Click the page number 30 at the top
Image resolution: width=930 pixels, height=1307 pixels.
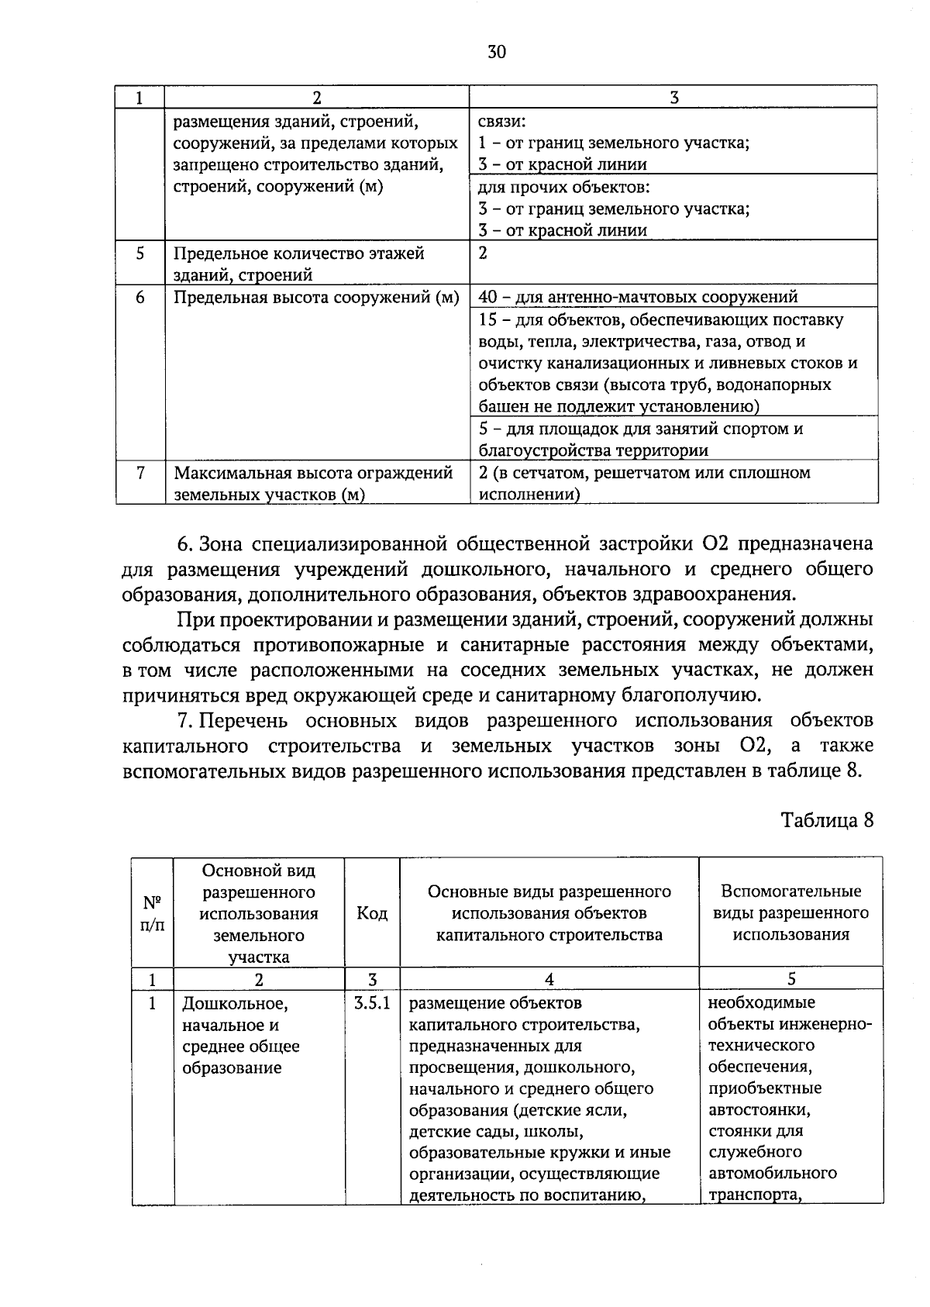497,52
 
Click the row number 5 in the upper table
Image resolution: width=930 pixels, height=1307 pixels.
139,253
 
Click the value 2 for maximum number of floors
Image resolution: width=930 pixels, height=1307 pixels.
483,253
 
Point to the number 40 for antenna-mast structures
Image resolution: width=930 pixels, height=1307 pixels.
487,297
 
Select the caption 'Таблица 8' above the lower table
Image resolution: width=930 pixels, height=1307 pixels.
827,820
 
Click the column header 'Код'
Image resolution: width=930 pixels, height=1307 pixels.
372,913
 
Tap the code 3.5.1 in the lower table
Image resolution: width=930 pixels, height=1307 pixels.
371,1004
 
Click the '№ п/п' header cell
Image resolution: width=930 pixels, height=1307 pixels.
152,913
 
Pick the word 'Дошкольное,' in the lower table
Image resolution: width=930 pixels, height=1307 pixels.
234,1005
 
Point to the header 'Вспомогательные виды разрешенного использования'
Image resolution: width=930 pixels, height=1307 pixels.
790,913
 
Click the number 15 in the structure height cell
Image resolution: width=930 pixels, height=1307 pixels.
487,320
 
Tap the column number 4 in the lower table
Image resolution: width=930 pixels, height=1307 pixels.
549,979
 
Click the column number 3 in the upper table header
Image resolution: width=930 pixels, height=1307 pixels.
673,98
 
